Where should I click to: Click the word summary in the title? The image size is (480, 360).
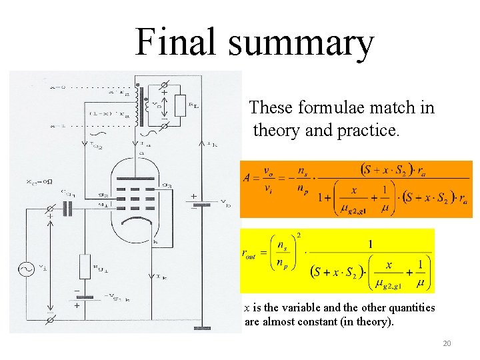pos(300,43)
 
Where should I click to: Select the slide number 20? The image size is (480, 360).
pos(447,343)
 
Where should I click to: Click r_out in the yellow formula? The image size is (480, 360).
pos(249,253)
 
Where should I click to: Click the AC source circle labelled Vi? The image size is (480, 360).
pos(28,269)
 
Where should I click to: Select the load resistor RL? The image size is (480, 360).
pos(179,105)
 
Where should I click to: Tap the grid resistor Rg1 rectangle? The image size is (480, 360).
pos(85,266)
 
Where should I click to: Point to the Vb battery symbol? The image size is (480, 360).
pos(202,204)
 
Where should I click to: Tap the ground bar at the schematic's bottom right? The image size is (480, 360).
pos(201,329)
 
